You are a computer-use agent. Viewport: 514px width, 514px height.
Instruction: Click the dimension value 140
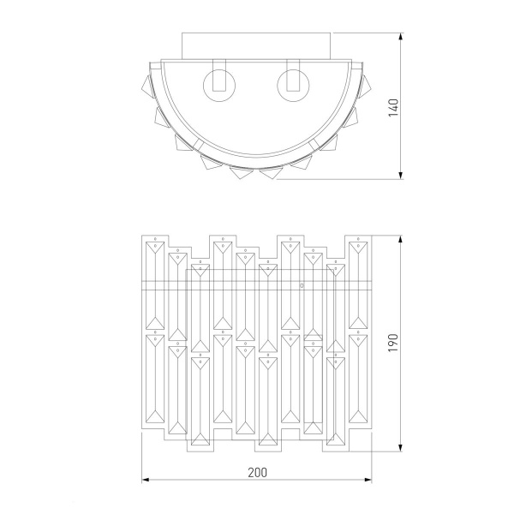click(x=393, y=108)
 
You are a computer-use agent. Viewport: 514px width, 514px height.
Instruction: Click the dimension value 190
click(x=393, y=343)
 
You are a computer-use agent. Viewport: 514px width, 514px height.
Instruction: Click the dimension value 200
click(x=257, y=472)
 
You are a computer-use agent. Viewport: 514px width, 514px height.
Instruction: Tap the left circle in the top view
click(x=219, y=85)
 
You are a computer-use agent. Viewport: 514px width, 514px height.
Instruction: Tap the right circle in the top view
click(x=293, y=85)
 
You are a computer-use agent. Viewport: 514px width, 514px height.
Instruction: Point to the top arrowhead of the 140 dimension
click(x=400, y=37)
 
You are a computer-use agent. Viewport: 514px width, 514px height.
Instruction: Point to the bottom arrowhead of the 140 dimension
click(x=400, y=176)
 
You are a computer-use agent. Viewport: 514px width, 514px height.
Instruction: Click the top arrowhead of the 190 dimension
click(x=400, y=239)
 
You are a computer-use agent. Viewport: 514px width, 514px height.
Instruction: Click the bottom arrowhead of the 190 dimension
click(x=400, y=448)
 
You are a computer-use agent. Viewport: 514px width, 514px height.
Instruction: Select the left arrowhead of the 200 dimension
click(x=146, y=480)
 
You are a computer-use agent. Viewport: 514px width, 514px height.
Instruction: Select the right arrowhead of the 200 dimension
click(x=368, y=480)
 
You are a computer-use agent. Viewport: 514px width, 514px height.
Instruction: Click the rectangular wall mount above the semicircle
click(x=256, y=46)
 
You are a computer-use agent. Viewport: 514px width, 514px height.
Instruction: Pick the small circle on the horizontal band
click(x=302, y=286)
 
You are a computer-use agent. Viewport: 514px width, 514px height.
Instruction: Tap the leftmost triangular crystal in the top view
click(x=147, y=87)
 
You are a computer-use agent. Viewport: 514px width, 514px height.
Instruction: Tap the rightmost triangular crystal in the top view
click(x=364, y=87)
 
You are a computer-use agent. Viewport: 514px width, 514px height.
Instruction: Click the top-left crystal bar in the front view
click(x=155, y=285)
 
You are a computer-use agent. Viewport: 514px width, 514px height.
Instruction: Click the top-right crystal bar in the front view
click(x=358, y=285)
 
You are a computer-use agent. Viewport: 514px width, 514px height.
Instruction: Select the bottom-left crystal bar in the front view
click(x=155, y=379)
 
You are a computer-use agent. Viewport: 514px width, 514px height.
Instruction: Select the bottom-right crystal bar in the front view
click(x=358, y=379)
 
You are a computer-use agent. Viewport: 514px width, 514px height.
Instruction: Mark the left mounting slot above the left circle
click(x=219, y=75)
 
